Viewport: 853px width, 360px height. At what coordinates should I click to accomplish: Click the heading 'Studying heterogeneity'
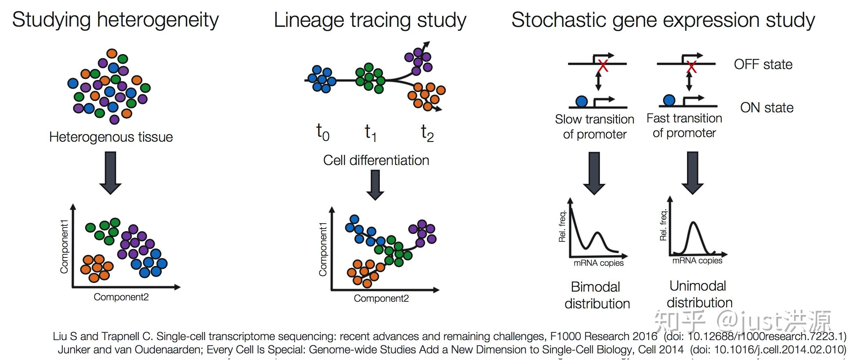(115, 20)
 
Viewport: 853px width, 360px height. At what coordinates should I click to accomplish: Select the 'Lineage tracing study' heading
(370, 20)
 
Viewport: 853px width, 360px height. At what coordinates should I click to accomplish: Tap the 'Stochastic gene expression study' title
(663, 20)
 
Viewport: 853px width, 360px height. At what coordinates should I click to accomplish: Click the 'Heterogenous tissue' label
(111, 137)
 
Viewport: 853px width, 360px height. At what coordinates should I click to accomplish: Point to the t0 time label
(323, 133)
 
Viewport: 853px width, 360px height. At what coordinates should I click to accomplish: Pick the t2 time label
(427, 133)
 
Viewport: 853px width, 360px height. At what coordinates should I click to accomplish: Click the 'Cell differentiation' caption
(376, 160)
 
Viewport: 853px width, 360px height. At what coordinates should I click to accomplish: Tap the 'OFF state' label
(763, 65)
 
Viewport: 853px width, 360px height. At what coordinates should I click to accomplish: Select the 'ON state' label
(767, 108)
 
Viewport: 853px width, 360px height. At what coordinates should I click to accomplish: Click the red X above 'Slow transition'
(603, 66)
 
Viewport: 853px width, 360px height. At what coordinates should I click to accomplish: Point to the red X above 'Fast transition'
(691, 66)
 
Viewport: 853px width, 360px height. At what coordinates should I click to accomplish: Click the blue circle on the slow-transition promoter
(581, 102)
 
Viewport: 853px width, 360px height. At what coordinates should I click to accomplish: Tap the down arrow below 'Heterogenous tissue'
(111, 173)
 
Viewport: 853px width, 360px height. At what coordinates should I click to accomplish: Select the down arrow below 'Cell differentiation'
(375, 185)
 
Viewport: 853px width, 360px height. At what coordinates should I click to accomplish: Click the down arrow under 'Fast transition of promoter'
(692, 173)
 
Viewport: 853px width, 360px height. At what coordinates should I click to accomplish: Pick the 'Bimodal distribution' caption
(597, 295)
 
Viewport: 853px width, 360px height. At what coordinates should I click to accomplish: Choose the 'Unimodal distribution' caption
(699, 294)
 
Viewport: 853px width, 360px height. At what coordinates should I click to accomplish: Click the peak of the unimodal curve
(694, 223)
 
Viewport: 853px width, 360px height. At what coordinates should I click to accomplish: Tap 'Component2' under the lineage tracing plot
(381, 299)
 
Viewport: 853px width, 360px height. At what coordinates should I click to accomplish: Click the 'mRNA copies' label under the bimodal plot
(598, 263)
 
